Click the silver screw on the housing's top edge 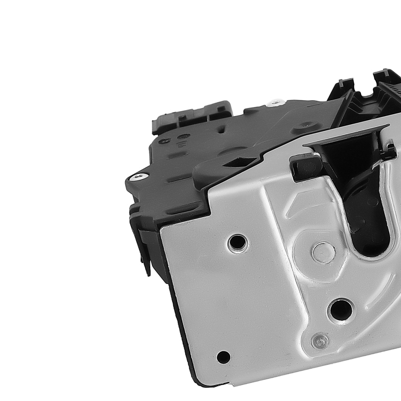pyautogui.click(x=275, y=103)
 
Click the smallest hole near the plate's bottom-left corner pyautogui.click(x=223, y=356)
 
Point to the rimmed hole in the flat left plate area pyautogui.click(x=237, y=243)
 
